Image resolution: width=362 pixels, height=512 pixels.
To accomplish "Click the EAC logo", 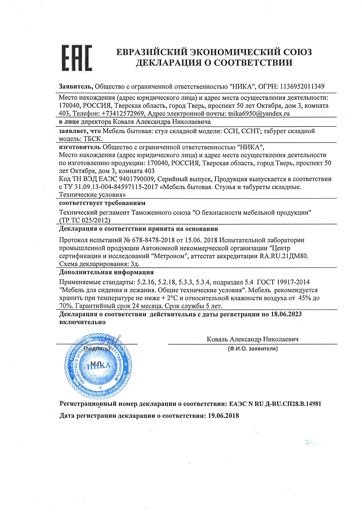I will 77,58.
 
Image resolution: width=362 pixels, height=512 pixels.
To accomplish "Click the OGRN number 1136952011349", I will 302,87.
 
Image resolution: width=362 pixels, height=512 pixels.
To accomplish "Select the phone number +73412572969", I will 123,113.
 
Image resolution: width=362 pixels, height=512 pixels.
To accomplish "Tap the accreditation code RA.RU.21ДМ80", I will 284,256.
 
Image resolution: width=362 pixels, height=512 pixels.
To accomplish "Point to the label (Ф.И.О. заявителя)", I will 252,348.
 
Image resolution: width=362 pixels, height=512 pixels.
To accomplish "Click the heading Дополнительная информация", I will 106,272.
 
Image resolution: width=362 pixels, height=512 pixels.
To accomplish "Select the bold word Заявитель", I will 76,87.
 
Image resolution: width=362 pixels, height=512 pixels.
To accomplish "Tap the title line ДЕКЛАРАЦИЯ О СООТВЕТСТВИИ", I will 214,63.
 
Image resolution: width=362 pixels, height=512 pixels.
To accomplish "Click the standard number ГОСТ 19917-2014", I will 283,282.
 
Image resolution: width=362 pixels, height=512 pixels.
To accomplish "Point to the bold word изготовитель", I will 80,147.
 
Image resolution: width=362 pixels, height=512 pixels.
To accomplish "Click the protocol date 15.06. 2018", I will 201,240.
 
